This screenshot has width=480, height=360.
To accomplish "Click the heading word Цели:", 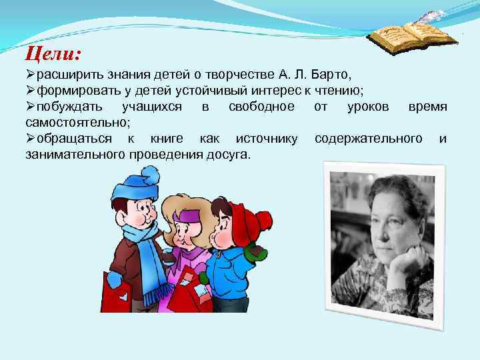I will coord(53,52).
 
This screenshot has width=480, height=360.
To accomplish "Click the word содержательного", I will coord(368,139).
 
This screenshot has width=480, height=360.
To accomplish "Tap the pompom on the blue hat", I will coord(151,175).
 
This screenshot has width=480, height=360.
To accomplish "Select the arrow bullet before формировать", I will coord(31,91).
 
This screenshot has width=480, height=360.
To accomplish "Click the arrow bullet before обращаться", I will coord(31,139).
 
